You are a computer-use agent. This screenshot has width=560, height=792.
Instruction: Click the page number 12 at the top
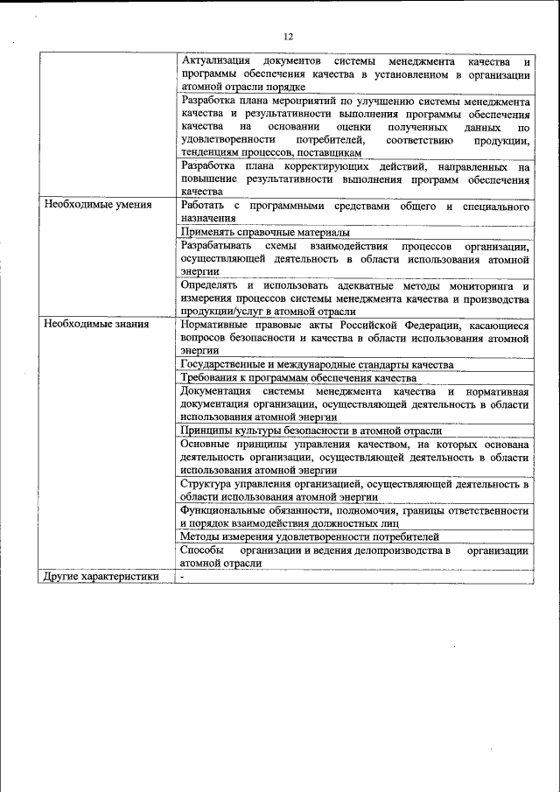[x=288, y=36]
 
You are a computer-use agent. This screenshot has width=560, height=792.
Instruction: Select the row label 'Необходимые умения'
[x=97, y=206]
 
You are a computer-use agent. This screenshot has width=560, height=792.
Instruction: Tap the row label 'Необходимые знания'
[x=96, y=325]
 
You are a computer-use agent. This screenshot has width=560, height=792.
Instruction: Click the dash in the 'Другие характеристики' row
[x=183, y=577]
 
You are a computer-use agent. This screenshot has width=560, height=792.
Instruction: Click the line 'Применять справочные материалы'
[x=265, y=232]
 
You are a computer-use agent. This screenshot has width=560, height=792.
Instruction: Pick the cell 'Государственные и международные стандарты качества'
[x=317, y=364]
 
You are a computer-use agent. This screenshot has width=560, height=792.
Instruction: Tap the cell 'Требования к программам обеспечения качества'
[x=298, y=378]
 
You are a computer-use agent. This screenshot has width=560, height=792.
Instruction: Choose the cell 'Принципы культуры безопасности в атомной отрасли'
[x=311, y=431]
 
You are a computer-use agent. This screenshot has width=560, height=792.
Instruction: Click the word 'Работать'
[x=204, y=206]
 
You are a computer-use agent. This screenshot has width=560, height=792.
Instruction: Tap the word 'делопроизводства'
[x=396, y=550]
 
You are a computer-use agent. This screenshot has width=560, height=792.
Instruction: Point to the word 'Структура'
[x=206, y=483]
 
